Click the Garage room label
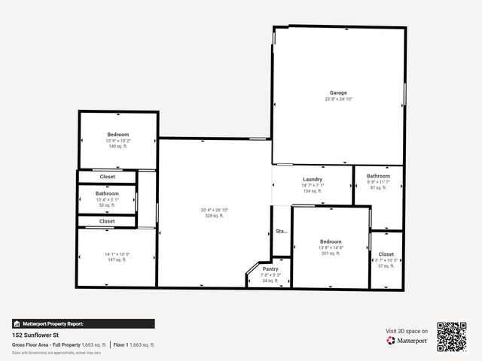pos(338,93)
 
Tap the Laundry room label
pos(313,179)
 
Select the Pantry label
pos(270,269)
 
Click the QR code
pos(452,336)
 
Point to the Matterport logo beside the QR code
pos(407,341)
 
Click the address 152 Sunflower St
pos(36,335)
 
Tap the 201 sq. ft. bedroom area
pos(331,253)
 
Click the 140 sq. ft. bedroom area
pos(118,147)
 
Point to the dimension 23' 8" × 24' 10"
pos(338,99)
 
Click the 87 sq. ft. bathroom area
pos(378,187)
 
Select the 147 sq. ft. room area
pos(117,259)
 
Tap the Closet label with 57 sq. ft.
pos(386,254)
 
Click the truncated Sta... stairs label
pos(281,231)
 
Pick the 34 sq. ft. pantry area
pos(270,281)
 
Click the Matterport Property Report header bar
pos(84,323)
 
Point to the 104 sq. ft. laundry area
pos(313,191)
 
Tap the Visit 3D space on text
pos(407,331)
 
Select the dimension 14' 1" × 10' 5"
pos(117,254)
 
